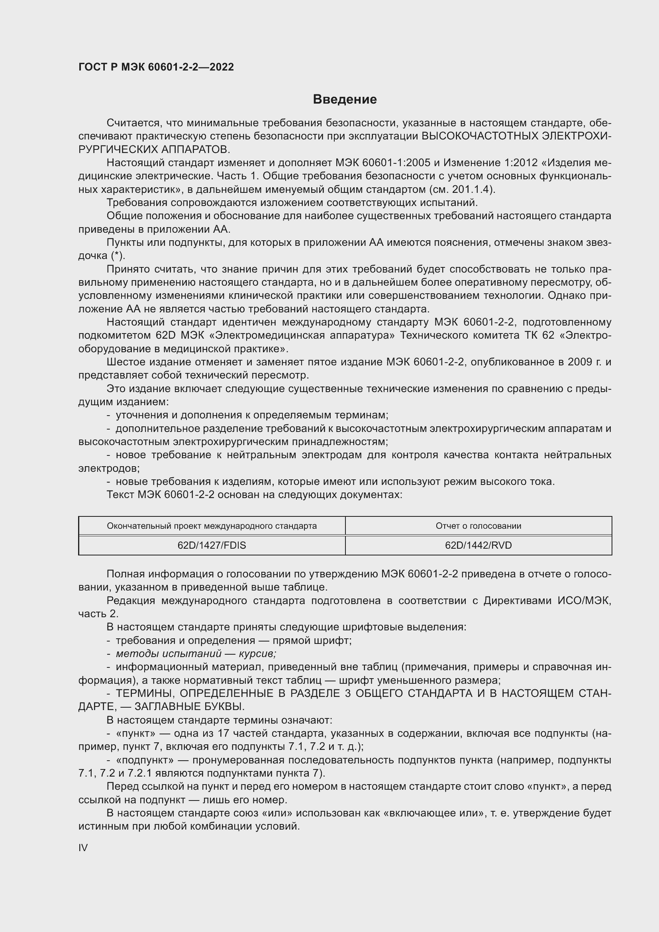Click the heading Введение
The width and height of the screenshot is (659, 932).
pyautogui.click(x=345, y=100)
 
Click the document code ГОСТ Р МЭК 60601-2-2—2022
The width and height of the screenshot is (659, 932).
pyautogui.click(x=156, y=67)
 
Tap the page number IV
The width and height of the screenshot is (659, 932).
pyautogui.click(x=83, y=848)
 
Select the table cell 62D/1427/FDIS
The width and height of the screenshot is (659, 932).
pyautogui.click(x=212, y=545)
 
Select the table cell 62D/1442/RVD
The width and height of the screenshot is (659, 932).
pyautogui.click(x=478, y=545)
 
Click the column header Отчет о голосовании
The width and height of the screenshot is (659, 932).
pyautogui.click(x=478, y=526)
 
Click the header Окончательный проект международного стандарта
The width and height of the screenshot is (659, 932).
pyautogui.click(x=212, y=526)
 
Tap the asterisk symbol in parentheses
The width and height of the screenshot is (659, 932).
pyautogui.click(x=117, y=256)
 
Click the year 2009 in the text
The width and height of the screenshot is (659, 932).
pyautogui.click(x=577, y=362)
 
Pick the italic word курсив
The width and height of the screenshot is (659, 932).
pyautogui.click(x=257, y=653)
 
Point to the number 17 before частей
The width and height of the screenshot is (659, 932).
pyautogui.click(x=224, y=734)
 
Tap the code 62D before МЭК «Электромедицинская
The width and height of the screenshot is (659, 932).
pyautogui.click(x=166, y=335)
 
